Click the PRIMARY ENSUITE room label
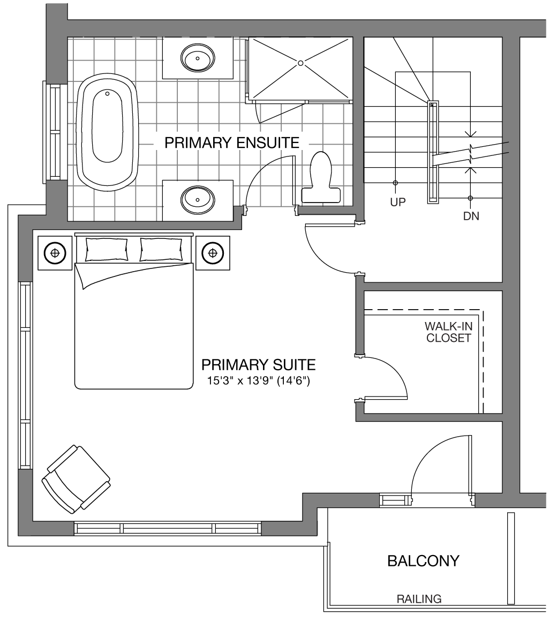point(232,143)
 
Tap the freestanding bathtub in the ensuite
point(108,132)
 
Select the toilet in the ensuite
point(321,177)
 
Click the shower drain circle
point(300,63)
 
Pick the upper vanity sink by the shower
point(198,58)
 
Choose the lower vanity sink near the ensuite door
point(198,199)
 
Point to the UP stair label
point(398,202)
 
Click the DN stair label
point(471,216)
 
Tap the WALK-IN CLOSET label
point(449,332)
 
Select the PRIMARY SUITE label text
point(259,364)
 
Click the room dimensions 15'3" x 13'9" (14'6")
point(259,381)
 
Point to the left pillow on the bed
point(107,249)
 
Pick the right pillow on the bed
point(161,249)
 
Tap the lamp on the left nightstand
point(55,253)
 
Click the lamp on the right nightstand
point(213,253)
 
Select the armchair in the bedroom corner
point(76,479)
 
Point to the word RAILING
point(419,599)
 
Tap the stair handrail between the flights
point(433,152)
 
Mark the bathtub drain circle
point(108,93)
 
